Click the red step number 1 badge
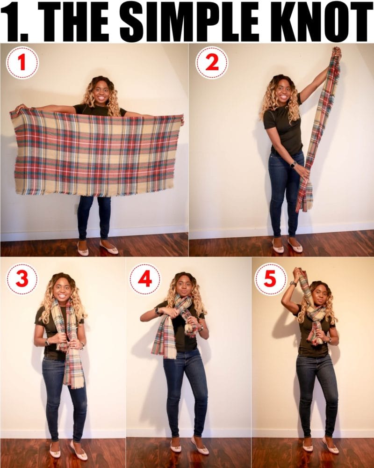pyautogui.click(x=22, y=62)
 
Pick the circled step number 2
pyautogui.click(x=212, y=62)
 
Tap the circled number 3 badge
pyautogui.click(x=22, y=279)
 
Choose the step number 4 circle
pyautogui.click(x=145, y=279)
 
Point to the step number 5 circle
pyautogui.click(x=270, y=279)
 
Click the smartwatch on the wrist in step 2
pyautogui.click(x=294, y=164)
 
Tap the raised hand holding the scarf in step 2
pyautogui.click(x=337, y=53)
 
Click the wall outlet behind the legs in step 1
pyautogui.click(x=76, y=209)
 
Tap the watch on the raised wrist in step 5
pyautogui.click(x=293, y=283)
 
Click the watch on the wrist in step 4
pyautogui.click(x=157, y=311)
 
